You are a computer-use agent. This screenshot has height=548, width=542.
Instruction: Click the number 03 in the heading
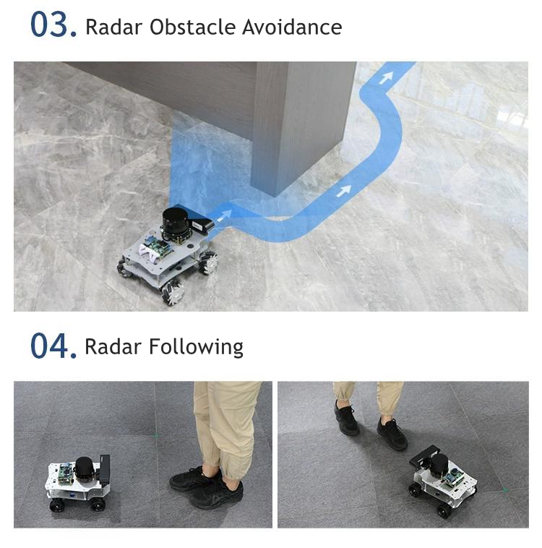pos(53,25)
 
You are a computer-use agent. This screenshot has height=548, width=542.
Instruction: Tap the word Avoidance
pos(292,27)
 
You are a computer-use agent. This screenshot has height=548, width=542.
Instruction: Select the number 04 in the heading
pos(53,346)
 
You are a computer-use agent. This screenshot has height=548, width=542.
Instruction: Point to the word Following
pos(196,348)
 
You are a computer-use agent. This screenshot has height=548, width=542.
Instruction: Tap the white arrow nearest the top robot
pos(224,215)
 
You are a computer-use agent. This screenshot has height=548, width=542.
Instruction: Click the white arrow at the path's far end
pos(386,77)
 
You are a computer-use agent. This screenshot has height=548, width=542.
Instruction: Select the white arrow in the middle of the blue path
pos(344,191)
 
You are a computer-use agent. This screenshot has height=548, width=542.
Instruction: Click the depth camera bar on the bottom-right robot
pos(424,455)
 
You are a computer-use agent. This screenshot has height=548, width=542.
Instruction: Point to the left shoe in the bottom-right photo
pos(346,419)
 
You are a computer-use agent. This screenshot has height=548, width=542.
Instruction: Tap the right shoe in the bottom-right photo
pos(392,434)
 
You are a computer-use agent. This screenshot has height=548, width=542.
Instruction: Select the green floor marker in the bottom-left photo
pos(156,435)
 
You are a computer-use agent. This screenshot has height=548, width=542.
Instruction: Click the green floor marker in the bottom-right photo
pos(505,490)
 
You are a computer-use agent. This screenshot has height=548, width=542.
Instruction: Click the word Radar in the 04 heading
pos(113,347)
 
